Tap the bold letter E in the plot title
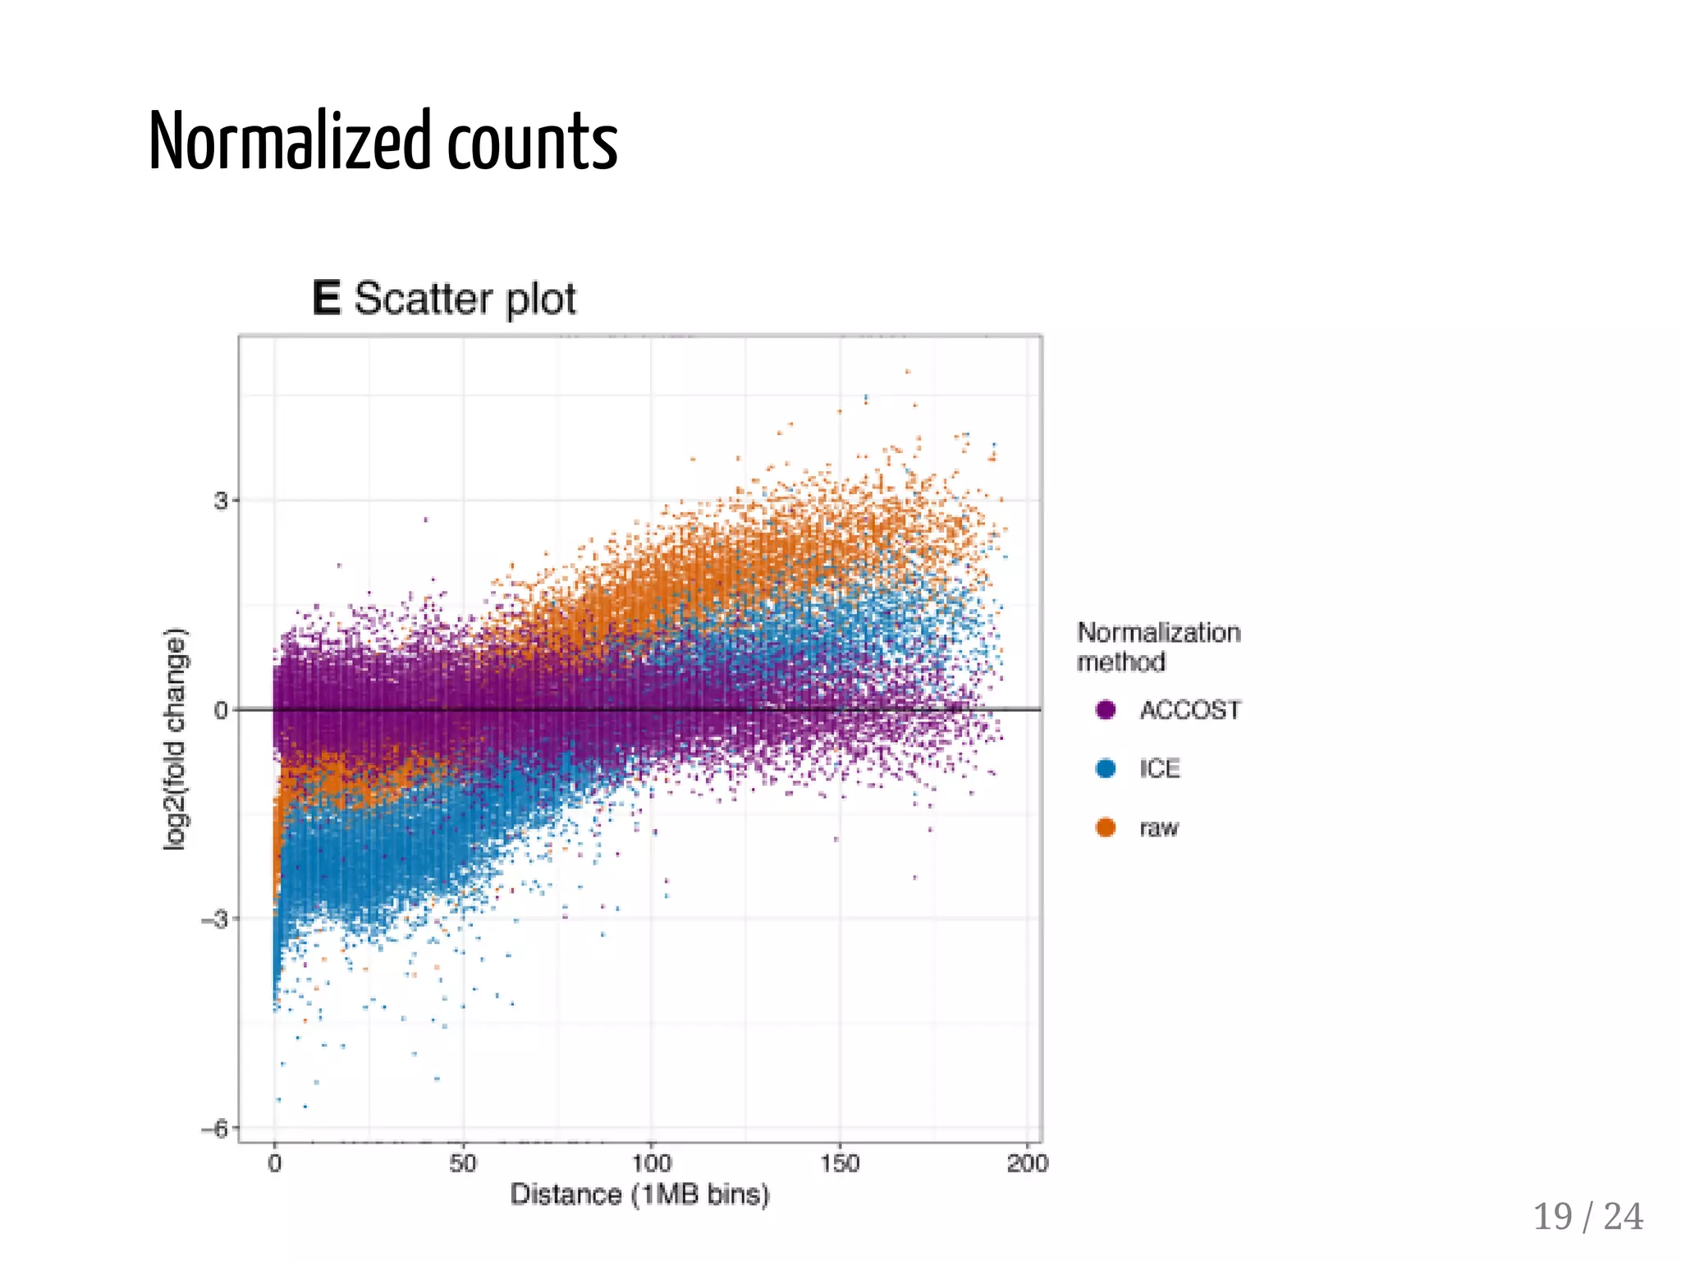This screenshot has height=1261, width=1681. coord(326,298)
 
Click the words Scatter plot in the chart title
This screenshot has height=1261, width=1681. coord(465,299)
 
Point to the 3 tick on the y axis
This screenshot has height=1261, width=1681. coord(221,501)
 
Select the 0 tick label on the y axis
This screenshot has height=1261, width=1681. coord(221,710)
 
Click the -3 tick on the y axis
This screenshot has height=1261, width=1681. coord(215,919)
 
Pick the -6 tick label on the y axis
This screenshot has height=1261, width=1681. coord(215,1130)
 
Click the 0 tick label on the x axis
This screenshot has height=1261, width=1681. coord(275,1163)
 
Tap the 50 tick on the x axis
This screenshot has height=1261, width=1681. coord(463,1163)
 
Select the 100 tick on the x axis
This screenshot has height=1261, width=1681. coord(652,1163)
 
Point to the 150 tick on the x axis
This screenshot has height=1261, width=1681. coord(840,1163)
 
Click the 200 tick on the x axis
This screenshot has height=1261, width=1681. coord(1028,1163)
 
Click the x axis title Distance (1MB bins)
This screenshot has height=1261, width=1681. coord(639,1195)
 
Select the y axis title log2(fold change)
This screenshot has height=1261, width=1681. coord(176,739)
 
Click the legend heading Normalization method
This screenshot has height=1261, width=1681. coord(1157,647)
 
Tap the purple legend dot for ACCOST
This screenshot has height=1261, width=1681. coord(1106,710)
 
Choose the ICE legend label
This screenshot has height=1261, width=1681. coord(1159,769)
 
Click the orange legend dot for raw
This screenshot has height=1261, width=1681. coord(1106,828)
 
